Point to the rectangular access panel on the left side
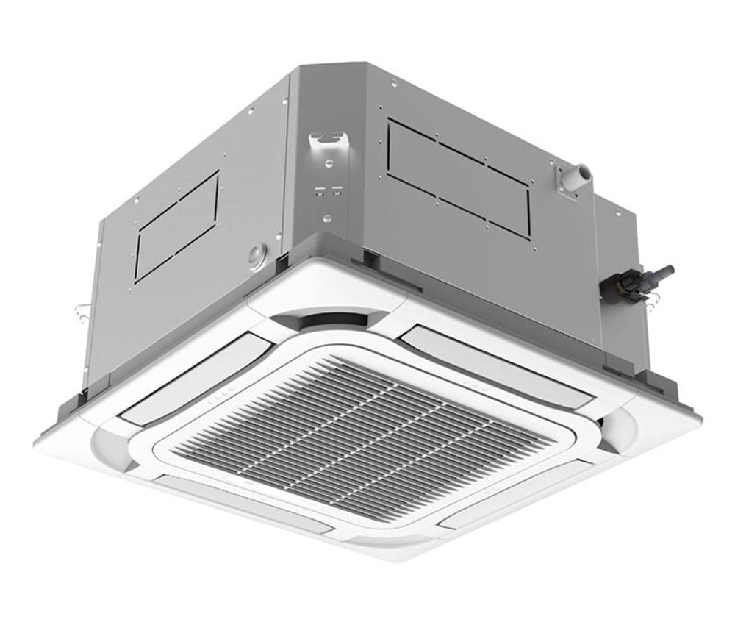pos(176,226)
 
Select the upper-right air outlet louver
pos(497,365)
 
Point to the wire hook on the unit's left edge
pos(82,309)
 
